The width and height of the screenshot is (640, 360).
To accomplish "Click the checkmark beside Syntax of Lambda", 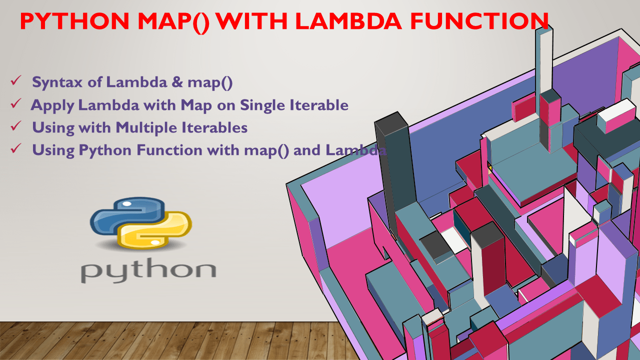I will pos(15,81).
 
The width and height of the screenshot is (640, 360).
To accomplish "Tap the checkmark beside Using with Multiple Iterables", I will pos(15,126).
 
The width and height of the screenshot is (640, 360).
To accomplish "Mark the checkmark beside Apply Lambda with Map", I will pos(15,103).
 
